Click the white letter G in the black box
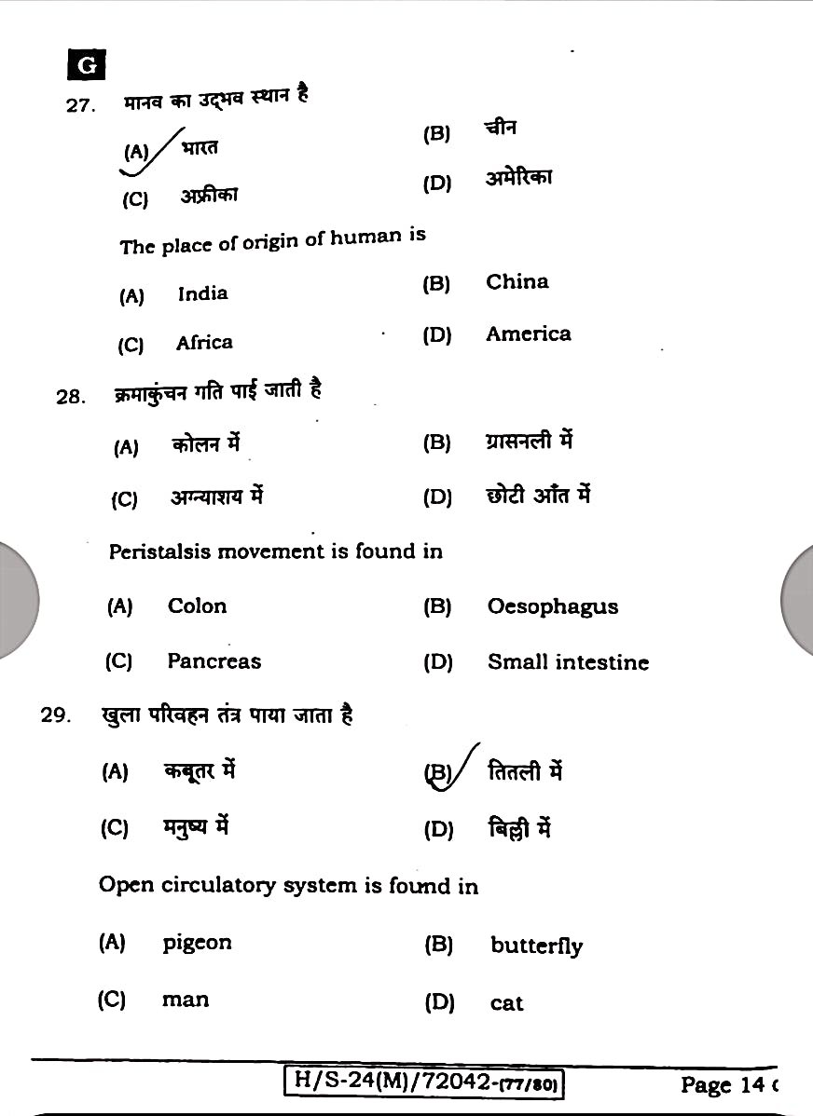point(86,65)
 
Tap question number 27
point(80,105)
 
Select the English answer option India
point(202,293)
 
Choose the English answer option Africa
point(204,343)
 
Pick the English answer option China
point(517,282)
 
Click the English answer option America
point(528,334)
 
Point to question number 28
point(71,397)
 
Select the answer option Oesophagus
point(552,607)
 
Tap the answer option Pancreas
point(214,661)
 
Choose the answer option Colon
point(197,606)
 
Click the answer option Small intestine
point(568,662)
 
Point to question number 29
point(55,715)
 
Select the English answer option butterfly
point(536,946)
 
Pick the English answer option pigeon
point(197,943)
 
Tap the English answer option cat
point(506,1003)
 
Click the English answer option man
point(186,1000)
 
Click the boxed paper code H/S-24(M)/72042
point(425,1082)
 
